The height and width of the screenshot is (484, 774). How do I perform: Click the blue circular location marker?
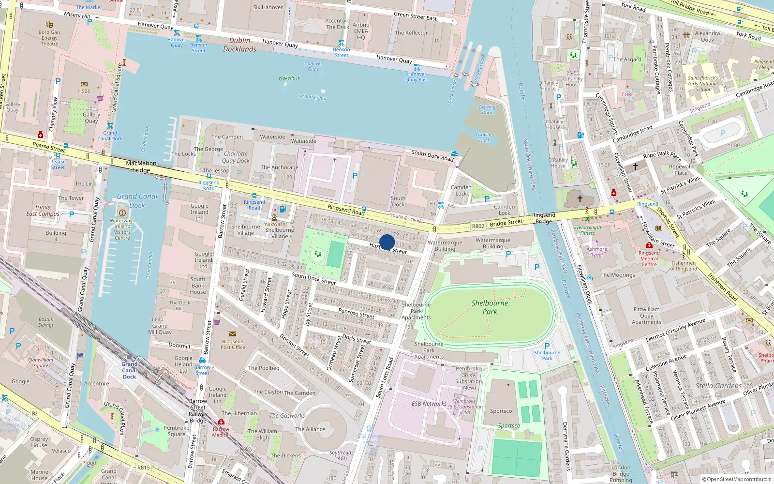coord(387,242)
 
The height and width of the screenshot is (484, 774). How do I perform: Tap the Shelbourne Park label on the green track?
coord(490,307)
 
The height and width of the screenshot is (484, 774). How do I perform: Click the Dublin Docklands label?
coord(240,45)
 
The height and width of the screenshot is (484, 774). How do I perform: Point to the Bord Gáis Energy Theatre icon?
coord(49,24)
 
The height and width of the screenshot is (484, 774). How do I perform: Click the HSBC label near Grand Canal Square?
coord(84,91)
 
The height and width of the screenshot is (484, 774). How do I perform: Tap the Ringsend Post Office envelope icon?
coord(233,334)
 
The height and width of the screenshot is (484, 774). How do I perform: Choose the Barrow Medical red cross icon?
coord(221,422)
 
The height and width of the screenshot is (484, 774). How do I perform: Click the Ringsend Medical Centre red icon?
coord(649,245)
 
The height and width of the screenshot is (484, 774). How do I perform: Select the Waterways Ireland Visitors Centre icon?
coord(122,212)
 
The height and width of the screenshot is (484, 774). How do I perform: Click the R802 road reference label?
coord(478,226)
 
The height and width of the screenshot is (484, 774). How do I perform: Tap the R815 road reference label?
coord(144,468)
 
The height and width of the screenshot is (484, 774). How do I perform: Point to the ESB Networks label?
coord(429,403)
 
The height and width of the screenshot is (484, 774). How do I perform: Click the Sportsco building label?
coord(501,411)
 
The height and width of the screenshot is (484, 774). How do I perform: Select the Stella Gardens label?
coord(718,386)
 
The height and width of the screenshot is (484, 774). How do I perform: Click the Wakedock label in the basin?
coord(289,78)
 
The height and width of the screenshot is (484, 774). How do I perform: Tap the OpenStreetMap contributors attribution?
coord(736,479)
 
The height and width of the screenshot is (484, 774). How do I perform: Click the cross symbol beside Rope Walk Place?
coord(635,166)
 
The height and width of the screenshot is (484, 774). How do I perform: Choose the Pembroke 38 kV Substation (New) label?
coord(468,378)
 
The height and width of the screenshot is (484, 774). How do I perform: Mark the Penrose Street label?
coord(356,313)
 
